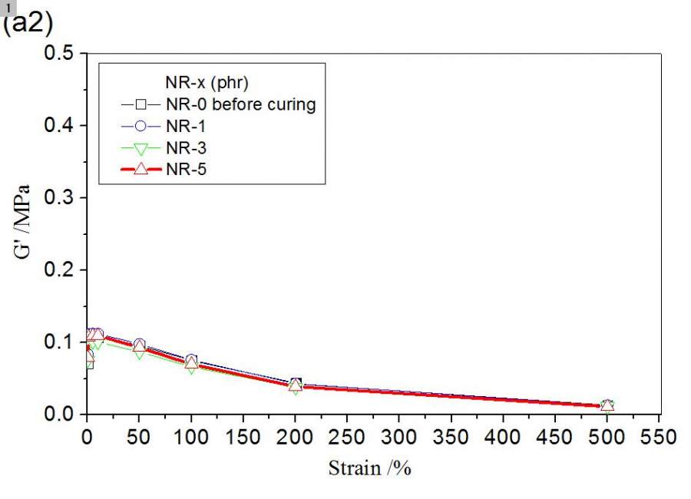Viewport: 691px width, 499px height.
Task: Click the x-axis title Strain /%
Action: tap(370, 468)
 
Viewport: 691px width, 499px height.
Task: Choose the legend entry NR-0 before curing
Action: tap(240, 104)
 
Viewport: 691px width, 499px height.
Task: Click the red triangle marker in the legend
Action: tap(141, 170)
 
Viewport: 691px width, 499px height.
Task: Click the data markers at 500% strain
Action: tap(607, 405)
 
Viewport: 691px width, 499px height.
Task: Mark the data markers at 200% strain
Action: tap(296, 385)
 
